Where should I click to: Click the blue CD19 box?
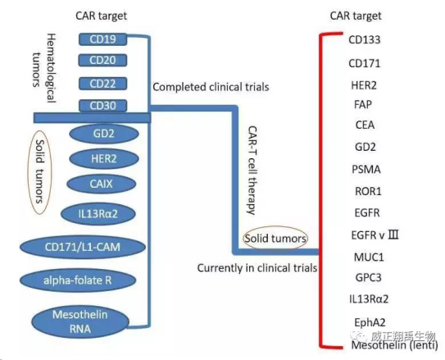pos(102,39)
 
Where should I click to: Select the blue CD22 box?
pos(102,84)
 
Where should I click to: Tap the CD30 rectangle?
pos(102,106)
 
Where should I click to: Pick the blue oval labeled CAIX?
pos(102,184)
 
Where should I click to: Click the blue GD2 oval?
pos(104,134)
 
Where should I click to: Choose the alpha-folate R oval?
pos(78,280)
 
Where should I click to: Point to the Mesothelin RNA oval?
pos(80,322)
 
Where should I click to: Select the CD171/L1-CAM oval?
pos(83,247)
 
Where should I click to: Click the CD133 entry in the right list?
pos(365,39)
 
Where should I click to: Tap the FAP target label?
pos(363,104)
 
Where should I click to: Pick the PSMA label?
pos(366,170)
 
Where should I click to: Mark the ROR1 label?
pos(368,191)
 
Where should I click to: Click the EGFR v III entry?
pos(375,235)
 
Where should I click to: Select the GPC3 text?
pos(368,277)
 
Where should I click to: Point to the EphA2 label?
pos(370,322)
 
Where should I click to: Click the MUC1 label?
pos(369,257)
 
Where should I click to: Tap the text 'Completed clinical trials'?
pos(211,87)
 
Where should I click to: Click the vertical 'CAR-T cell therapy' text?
pos(252,171)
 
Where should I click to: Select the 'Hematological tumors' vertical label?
pos(44,68)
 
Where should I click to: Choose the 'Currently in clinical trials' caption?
pos(257,268)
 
